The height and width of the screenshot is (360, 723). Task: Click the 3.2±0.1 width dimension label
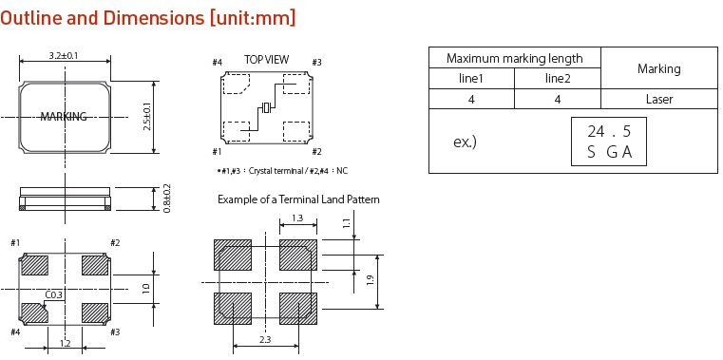[x=64, y=56]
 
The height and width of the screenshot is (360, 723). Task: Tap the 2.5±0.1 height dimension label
[x=147, y=116]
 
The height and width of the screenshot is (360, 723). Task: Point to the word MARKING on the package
[x=64, y=117]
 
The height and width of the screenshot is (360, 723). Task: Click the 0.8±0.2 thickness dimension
[x=167, y=199]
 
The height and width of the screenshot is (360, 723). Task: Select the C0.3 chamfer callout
[x=54, y=294]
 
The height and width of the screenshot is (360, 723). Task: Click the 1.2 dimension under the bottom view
[x=65, y=343]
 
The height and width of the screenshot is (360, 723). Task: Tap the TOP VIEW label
[x=267, y=60]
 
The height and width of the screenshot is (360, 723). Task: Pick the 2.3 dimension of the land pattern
[x=265, y=340]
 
